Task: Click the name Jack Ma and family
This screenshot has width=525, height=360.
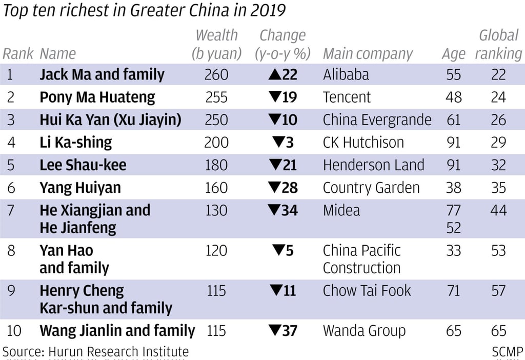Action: pos(102,75)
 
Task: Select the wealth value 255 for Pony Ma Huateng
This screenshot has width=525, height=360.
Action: pos(216,97)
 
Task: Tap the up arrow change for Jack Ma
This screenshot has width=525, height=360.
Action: pos(282,75)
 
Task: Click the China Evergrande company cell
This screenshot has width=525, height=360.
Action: pos(377,120)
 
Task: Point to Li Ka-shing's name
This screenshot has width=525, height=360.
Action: pos(75,143)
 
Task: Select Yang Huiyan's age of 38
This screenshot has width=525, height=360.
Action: pos(453,188)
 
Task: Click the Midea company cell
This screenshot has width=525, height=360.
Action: pos(341,210)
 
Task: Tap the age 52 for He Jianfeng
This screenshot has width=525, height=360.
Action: pos(453,228)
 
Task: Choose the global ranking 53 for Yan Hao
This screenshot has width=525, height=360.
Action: pos(498,251)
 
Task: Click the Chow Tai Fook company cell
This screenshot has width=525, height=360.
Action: pos(367,291)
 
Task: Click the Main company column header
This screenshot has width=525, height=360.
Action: pos(368,54)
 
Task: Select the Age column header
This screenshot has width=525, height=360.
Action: pos(453,54)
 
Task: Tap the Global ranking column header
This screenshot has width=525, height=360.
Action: pos(498,45)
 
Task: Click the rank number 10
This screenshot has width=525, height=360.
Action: pos(14,331)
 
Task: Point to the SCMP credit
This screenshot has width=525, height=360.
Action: pos(507,352)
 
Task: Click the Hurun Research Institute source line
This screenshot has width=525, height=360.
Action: pos(95,352)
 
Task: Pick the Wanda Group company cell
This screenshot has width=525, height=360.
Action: pos(364,331)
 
